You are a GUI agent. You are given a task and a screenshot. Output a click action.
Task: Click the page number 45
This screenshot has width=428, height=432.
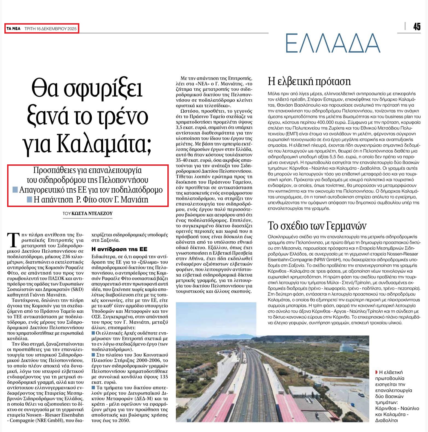click(x=417, y=26)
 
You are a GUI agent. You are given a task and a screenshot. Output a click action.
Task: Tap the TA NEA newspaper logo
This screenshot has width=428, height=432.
click(x=14, y=28)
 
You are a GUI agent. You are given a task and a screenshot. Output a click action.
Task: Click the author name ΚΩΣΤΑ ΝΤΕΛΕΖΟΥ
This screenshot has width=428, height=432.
click(x=92, y=214)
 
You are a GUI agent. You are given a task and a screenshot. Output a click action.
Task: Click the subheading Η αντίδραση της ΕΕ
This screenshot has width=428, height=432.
click(x=119, y=249)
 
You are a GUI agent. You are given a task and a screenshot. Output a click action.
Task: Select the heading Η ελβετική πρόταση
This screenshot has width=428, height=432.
click(x=309, y=81)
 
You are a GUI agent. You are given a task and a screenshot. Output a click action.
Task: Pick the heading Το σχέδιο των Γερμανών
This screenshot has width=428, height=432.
click(x=317, y=226)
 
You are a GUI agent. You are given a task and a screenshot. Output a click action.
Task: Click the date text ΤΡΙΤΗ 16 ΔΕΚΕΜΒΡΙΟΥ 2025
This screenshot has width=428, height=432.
click(x=51, y=28)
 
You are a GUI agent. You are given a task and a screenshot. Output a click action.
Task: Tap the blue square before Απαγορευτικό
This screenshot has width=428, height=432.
click(x=15, y=190)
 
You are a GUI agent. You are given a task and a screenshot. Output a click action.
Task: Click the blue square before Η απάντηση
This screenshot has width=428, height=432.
click(x=30, y=199)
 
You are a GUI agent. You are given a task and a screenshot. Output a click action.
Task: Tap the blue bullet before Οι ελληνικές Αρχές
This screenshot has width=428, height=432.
click(x=93, y=333)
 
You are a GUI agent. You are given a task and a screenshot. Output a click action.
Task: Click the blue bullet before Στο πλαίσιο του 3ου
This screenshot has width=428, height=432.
click(x=93, y=355)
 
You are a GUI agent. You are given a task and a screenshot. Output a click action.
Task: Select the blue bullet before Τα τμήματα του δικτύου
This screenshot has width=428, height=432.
click(x=93, y=387)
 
